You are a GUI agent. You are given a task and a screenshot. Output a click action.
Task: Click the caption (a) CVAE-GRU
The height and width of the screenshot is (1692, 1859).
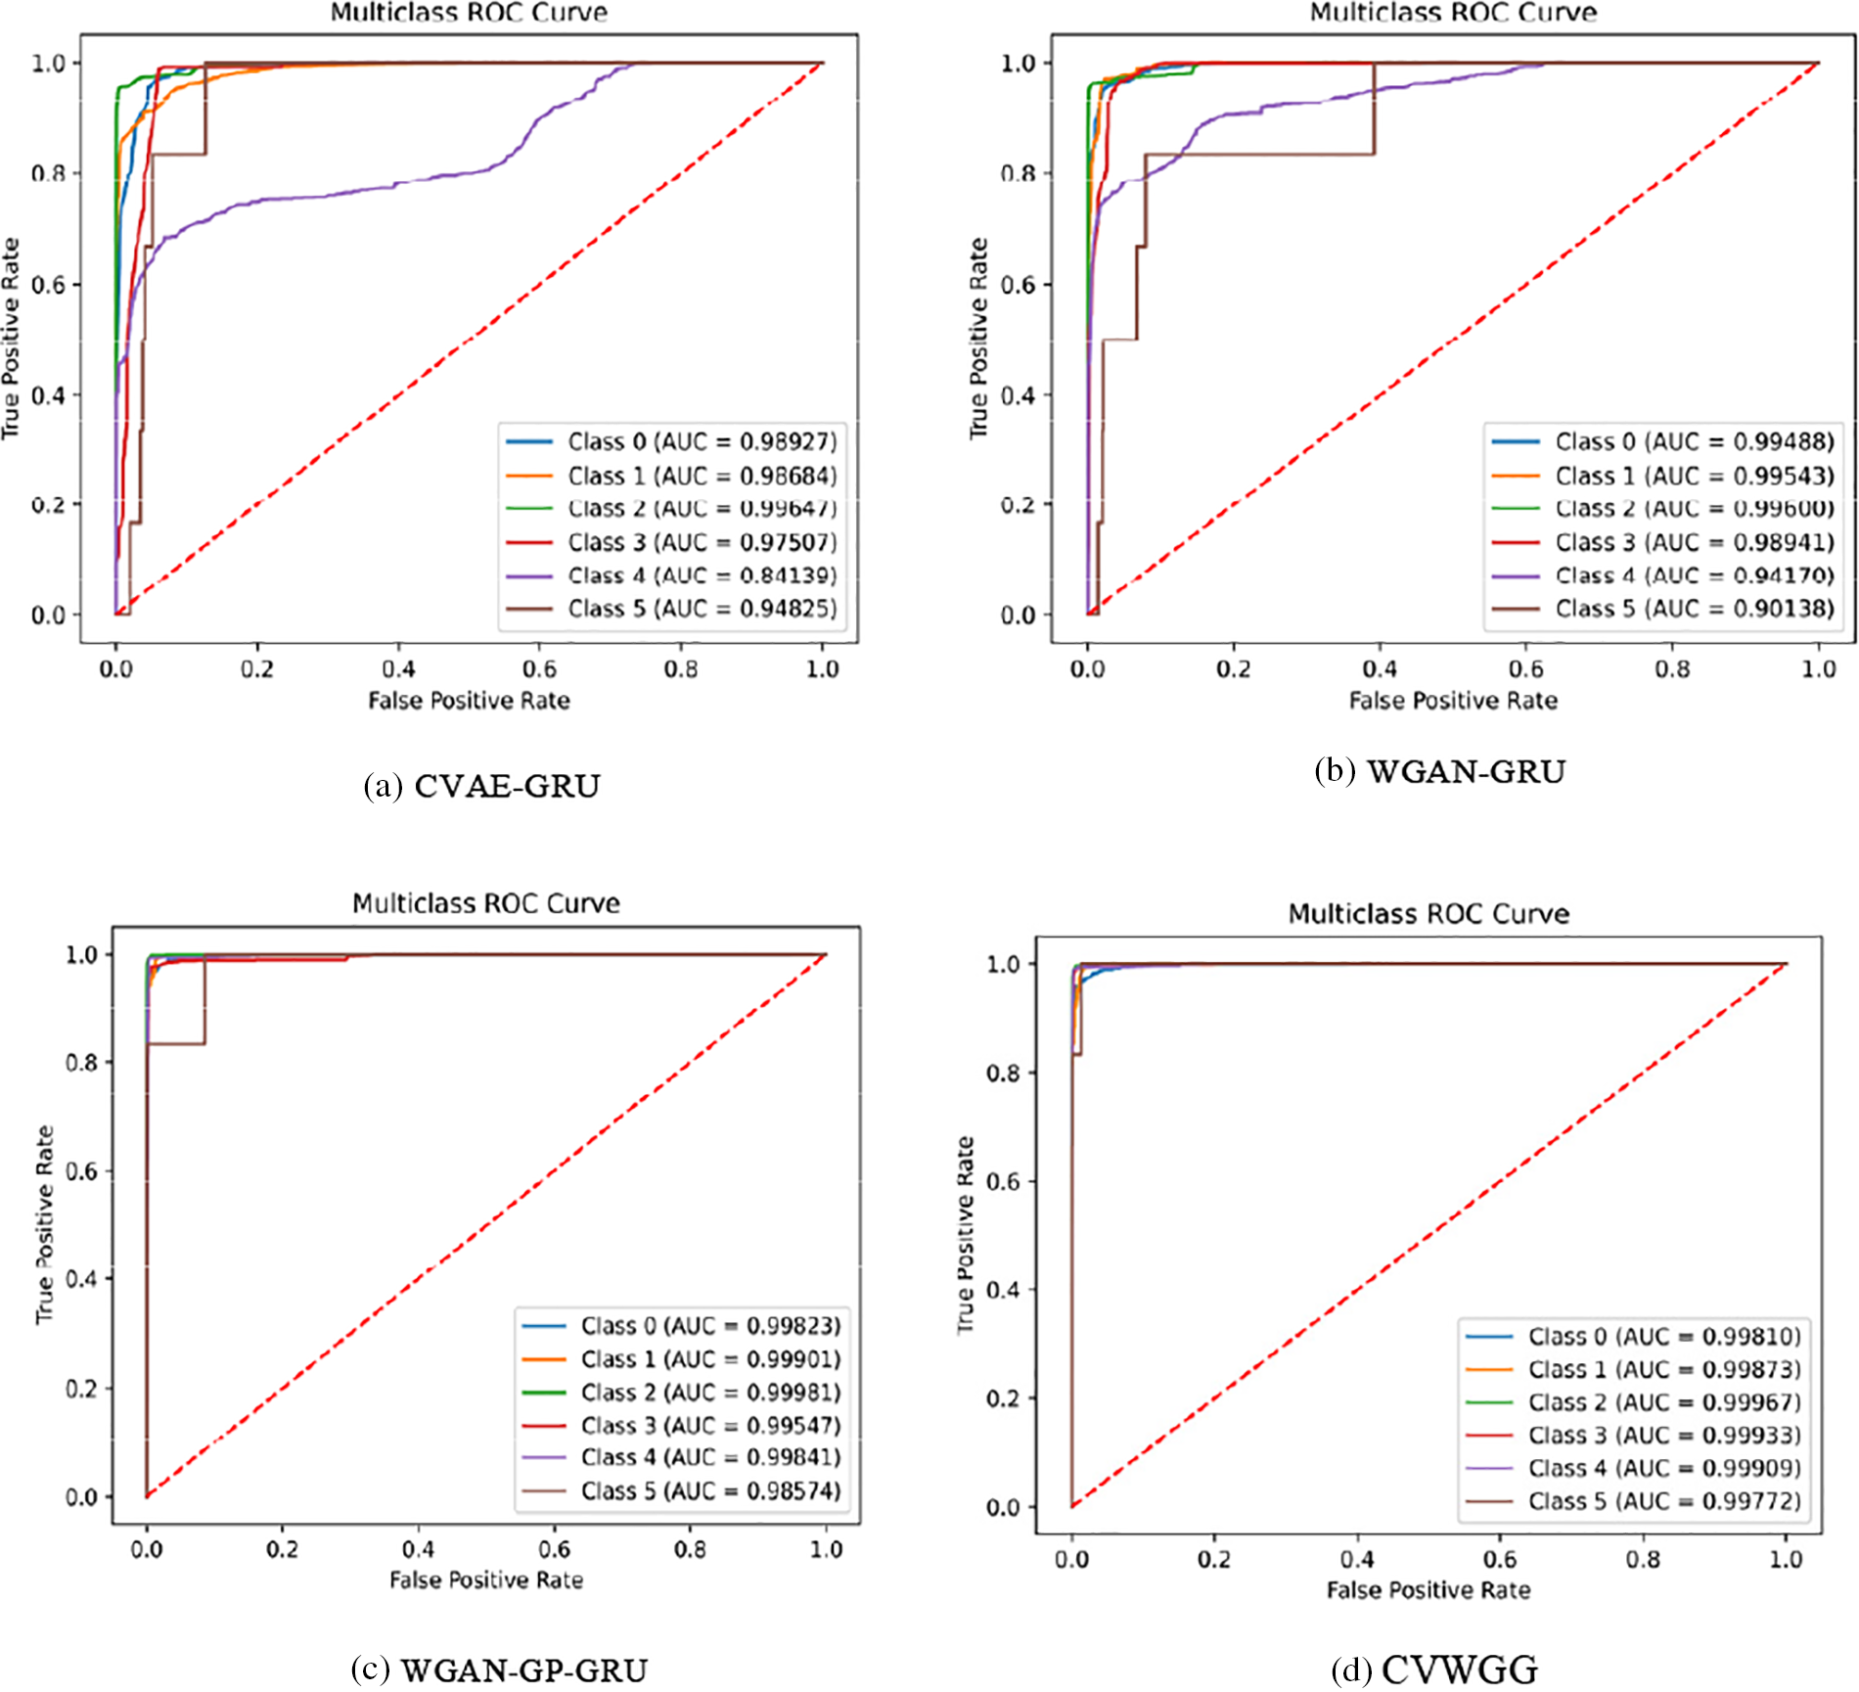click(x=481, y=786)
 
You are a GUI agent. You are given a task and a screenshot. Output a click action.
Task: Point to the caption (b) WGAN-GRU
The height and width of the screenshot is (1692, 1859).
click(x=1439, y=771)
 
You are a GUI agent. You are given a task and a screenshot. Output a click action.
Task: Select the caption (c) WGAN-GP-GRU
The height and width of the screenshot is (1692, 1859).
click(x=499, y=1669)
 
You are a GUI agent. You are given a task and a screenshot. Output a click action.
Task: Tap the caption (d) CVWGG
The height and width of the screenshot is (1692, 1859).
click(x=1434, y=1669)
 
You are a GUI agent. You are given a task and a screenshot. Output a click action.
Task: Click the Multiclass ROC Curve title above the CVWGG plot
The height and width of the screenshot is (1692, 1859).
click(x=1428, y=914)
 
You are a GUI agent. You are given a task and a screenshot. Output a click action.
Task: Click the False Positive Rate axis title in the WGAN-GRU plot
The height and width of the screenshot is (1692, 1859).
click(x=1453, y=701)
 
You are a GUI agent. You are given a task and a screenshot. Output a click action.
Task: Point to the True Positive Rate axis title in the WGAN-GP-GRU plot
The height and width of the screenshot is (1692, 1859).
click(x=44, y=1224)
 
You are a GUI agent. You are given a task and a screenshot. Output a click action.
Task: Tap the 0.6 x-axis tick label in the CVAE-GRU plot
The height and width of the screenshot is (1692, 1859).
click(x=539, y=669)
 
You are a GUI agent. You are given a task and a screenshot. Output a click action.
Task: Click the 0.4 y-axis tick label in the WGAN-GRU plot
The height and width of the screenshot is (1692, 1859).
click(x=1018, y=395)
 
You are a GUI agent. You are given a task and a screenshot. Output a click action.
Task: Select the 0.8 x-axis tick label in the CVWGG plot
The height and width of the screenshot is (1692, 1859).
click(x=1643, y=1559)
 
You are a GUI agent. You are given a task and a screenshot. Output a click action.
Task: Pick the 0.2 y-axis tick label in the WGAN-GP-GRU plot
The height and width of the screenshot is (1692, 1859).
click(x=81, y=1389)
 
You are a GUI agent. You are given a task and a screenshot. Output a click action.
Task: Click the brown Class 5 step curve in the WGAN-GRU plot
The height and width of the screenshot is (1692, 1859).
click(x=1262, y=154)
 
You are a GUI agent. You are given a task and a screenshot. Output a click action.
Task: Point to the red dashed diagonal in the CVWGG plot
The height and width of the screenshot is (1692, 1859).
click(x=1428, y=1235)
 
